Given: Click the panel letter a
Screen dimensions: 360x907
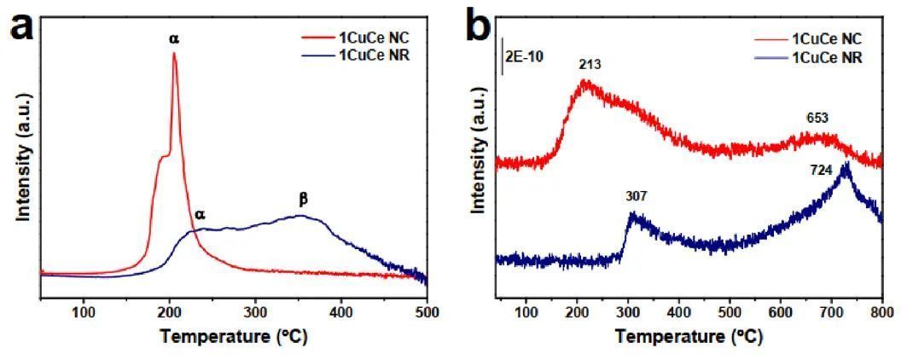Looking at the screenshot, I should pos(23,26).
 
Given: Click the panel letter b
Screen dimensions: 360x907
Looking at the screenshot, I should pos(480,26).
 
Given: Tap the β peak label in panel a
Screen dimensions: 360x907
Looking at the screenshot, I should pos(302,199).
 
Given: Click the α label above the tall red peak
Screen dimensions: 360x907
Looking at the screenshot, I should pos(174,38).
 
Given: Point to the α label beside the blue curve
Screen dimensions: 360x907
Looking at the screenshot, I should pos(200,214).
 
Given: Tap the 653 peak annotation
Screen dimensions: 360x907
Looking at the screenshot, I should pos(818,119).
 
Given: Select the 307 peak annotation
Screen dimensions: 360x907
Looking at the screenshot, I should pos(636,195).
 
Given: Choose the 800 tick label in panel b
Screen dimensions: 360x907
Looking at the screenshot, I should pos(881,311).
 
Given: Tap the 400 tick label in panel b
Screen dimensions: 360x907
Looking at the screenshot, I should pos(678,311).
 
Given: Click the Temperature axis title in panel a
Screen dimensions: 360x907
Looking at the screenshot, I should pos(234,335).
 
